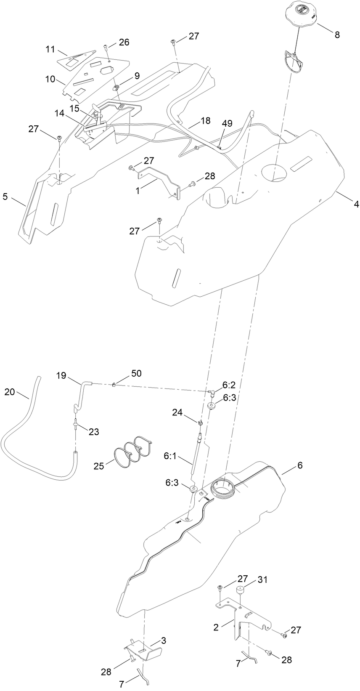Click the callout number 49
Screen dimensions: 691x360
(x=227, y=123)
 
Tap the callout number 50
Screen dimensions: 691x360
(x=137, y=373)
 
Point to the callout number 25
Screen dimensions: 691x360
(x=99, y=466)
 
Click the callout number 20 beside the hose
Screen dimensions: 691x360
(x=9, y=392)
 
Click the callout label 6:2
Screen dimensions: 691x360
(x=229, y=385)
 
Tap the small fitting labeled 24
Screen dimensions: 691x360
(x=200, y=421)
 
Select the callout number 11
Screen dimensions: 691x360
(x=50, y=50)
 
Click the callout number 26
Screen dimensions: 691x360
(x=124, y=42)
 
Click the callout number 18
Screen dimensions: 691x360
(x=205, y=120)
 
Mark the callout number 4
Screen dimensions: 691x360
(x=356, y=205)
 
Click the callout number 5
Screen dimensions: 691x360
(x=5, y=196)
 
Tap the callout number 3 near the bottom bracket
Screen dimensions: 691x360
(x=163, y=641)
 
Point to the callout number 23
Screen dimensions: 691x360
(x=94, y=431)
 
